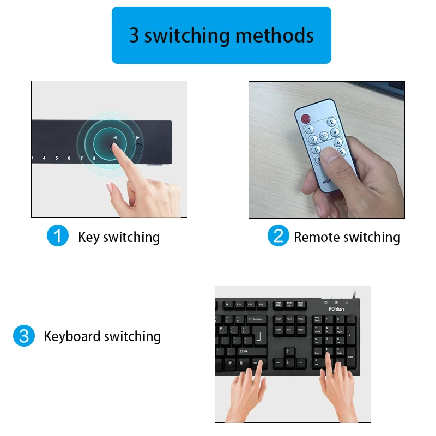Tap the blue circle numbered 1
pyautogui.click(x=58, y=236)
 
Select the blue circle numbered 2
pyautogui.click(x=278, y=236)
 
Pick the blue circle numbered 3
pyautogui.click(x=23, y=336)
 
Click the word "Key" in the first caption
pyautogui.click(x=89, y=237)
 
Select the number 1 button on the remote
pyautogui.click(x=309, y=130)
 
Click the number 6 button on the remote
pyautogui.click(x=338, y=142)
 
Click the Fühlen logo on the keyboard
pyautogui.click(x=336, y=308)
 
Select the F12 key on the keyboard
pyautogui.click(x=261, y=304)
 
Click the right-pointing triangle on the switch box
pyautogui.click(x=138, y=138)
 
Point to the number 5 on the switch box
pyautogui.click(x=56, y=159)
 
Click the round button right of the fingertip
pyautogui.click(x=138, y=148)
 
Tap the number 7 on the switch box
pyautogui.click(x=82, y=159)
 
